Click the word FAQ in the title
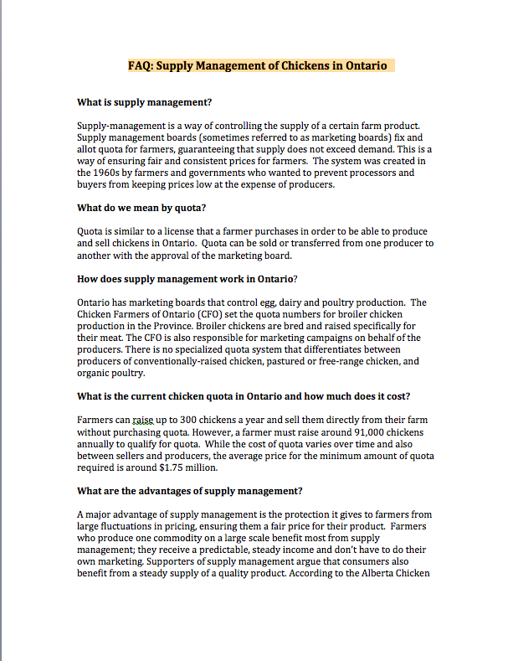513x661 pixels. click(x=139, y=65)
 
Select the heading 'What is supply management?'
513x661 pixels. click(x=144, y=102)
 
